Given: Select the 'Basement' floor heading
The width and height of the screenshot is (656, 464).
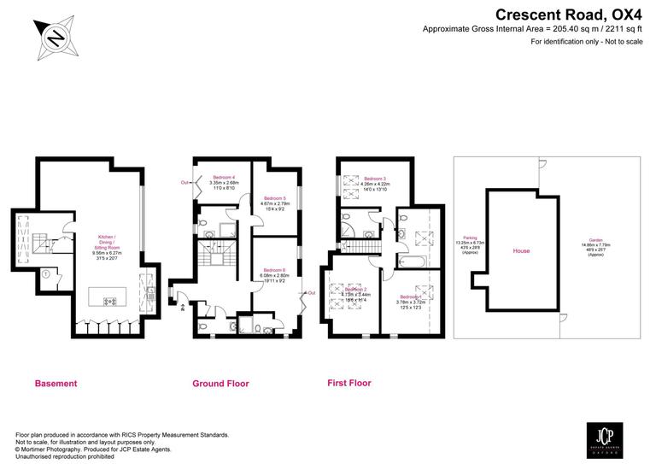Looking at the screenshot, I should click(56, 384).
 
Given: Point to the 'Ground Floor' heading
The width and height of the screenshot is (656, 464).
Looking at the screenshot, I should click(220, 384).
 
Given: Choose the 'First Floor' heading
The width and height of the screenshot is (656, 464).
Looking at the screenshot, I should click(349, 383).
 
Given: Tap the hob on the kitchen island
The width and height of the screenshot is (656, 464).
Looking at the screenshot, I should click(109, 302).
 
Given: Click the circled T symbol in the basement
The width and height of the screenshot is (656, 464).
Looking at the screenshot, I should click(43, 275).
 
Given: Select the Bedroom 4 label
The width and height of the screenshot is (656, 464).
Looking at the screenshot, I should click(222, 177).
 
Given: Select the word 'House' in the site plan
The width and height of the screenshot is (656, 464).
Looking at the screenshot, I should click(521, 252).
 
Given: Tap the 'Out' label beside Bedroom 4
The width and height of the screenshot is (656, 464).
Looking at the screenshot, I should click(184, 182).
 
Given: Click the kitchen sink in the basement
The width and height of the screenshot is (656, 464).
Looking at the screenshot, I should click(151, 291).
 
